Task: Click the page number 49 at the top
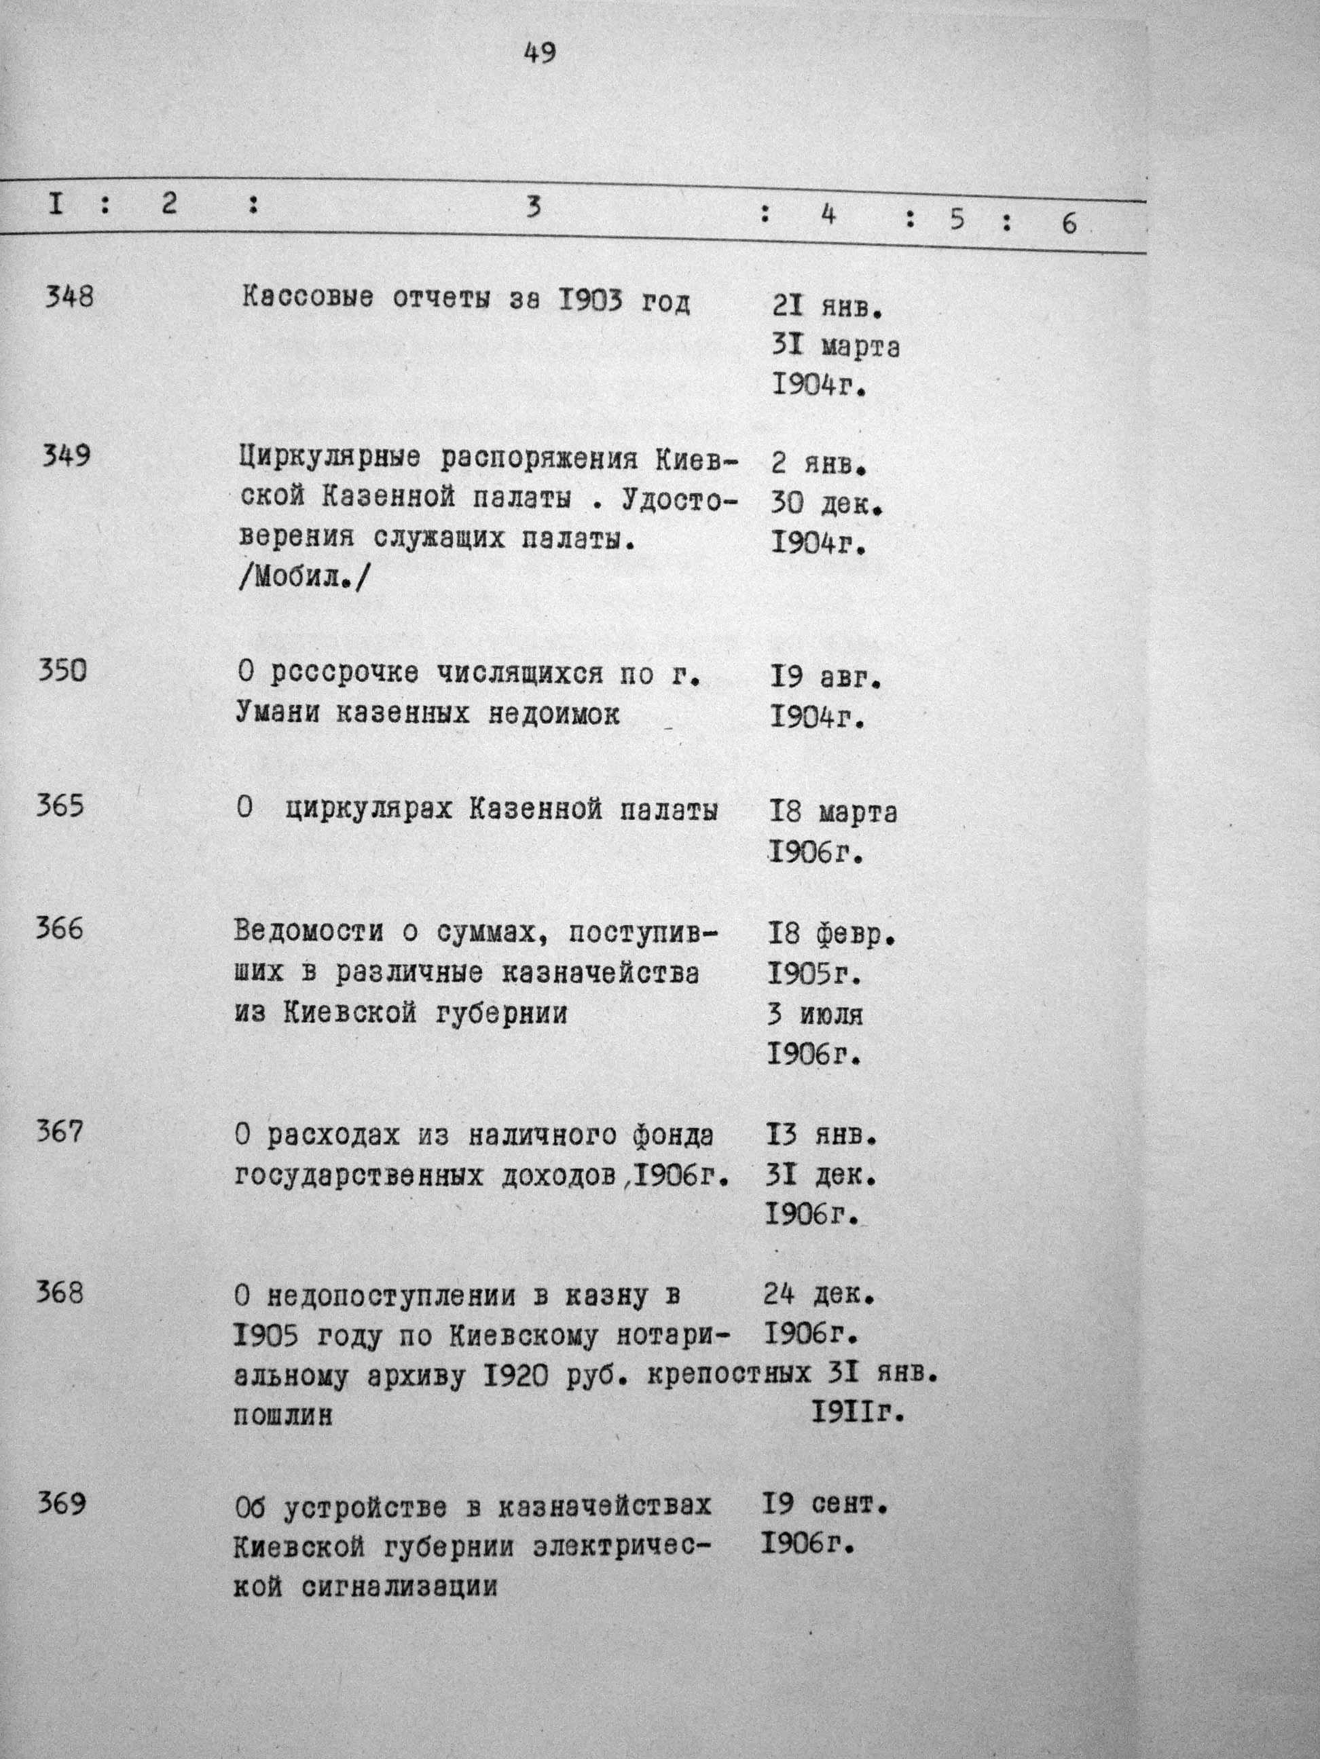(540, 54)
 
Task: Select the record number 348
(69, 297)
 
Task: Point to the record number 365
(60, 806)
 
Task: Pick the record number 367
(60, 1131)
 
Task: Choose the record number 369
(61, 1504)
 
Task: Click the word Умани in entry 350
(276, 713)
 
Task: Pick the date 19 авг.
(826, 677)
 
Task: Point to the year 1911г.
(858, 1413)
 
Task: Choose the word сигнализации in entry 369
(399, 1587)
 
